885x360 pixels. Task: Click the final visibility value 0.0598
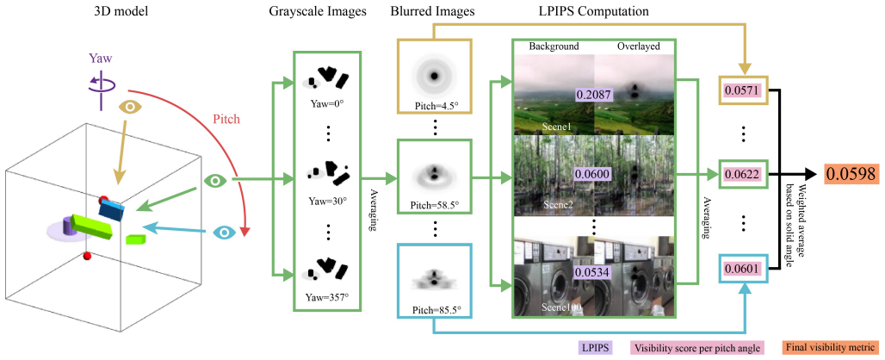851,173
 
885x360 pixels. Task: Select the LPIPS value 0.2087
593,94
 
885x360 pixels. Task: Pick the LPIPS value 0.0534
593,272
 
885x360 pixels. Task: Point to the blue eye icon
226,232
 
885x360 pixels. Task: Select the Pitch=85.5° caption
433,310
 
